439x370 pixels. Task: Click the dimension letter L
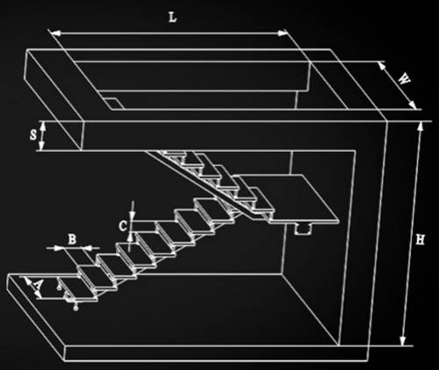click(173, 18)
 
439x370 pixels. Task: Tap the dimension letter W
click(404, 79)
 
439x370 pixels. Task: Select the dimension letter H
click(420, 240)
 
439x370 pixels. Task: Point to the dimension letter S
click(33, 135)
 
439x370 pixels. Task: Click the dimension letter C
click(123, 226)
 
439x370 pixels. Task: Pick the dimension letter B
click(72, 239)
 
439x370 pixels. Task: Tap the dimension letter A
click(38, 285)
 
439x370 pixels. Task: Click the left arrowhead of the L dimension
click(55, 33)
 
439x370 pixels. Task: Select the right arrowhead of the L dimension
click(283, 33)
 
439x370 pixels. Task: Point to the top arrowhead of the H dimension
click(421, 126)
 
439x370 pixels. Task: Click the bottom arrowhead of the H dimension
click(403, 341)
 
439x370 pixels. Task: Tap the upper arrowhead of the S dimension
click(43, 127)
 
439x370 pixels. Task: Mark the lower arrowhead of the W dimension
click(412, 105)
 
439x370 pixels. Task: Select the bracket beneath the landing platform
click(303, 229)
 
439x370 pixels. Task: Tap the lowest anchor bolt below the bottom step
click(76, 307)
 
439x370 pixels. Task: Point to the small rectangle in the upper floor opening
click(113, 104)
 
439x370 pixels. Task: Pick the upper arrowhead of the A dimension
click(28, 281)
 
